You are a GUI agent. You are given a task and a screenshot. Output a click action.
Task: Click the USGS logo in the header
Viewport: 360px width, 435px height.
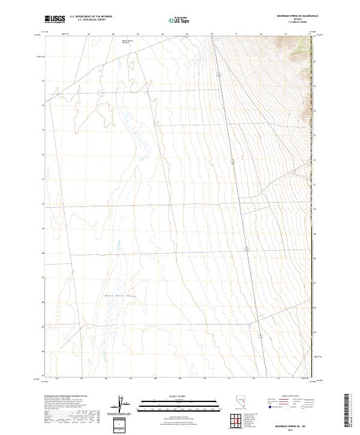pos(55,19)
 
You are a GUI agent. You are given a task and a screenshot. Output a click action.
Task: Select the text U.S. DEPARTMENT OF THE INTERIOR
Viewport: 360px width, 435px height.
pos(91,17)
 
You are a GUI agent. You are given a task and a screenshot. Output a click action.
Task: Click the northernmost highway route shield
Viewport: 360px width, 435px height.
pos(220,75)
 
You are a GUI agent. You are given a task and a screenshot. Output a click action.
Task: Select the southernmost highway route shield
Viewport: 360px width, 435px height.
pos(260,335)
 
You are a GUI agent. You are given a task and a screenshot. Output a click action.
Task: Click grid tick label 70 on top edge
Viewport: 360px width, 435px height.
pos(211,35)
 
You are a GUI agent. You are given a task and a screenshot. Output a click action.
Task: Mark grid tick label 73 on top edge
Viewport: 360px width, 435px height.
pos(286,35)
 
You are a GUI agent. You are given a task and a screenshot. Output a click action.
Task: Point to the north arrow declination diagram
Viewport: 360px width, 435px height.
pos(119,404)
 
